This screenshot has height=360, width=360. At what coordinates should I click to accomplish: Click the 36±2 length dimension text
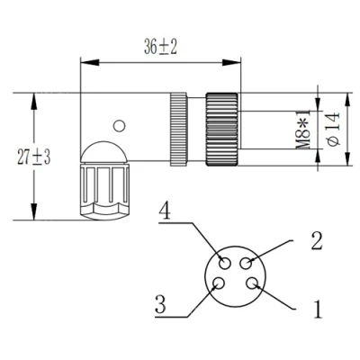[160, 47]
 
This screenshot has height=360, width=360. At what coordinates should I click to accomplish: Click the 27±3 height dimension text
[34, 157]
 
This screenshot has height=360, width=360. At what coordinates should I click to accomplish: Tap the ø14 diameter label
[334, 130]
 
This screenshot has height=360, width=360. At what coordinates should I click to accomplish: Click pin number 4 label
[165, 211]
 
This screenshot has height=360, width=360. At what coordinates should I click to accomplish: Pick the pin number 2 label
[317, 241]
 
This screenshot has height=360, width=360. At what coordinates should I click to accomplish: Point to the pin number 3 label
[161, 304]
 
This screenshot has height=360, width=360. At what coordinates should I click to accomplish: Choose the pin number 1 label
[318, 309]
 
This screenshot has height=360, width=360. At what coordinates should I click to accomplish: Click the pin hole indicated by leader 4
[225, 264]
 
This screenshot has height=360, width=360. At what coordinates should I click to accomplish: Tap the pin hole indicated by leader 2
[246, 264]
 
